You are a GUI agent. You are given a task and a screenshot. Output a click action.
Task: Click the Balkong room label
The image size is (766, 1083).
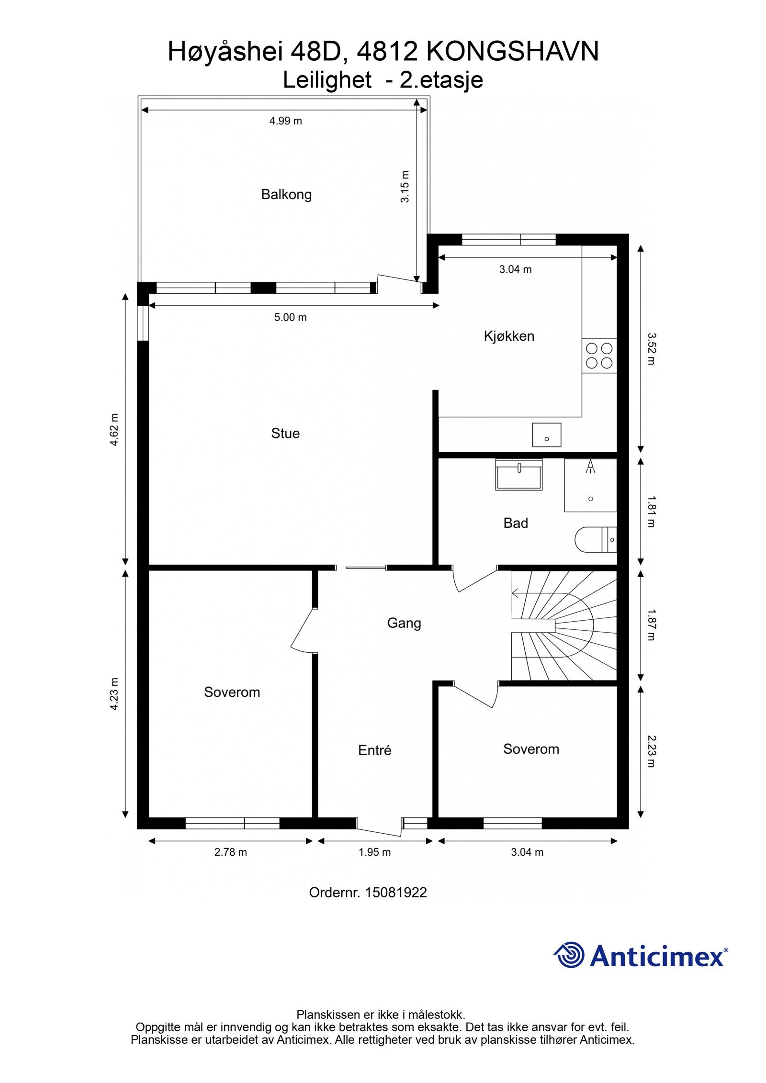click(x=286, y=195)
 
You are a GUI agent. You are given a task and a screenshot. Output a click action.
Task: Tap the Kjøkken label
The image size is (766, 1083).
click(x=509, y=336)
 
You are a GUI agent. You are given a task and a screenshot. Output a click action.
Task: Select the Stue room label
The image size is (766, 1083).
click(x=285, y=434)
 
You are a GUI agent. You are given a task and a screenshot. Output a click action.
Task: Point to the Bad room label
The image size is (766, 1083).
click(x=516, y=523)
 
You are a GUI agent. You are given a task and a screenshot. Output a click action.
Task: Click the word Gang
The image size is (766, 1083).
click(x=404, y=624)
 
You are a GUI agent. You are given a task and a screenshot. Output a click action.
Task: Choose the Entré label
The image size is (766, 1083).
click(x=375, y=750)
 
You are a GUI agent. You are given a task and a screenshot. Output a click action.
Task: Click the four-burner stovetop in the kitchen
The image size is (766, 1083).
click(x=599, y=356)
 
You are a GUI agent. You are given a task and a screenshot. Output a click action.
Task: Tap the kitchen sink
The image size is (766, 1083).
click(x=546, y=435)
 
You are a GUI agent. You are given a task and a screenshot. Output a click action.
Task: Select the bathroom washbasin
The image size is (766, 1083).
click(x=519, y=474)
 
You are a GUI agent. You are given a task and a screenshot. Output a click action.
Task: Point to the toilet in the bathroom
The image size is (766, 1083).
click(x=596, y=539)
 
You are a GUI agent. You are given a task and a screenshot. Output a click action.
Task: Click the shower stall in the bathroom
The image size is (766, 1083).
click(x=590, y=485)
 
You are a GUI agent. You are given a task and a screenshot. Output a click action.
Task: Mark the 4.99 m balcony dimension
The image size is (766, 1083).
click(x=286, y=121)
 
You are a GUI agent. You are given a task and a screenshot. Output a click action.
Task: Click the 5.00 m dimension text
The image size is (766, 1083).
click(x=291, y=317)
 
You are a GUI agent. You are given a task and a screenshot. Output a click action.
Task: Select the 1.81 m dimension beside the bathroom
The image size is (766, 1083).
click(x=651, y=512)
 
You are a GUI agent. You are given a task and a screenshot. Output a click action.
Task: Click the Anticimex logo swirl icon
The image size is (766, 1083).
click(x=569, y=955)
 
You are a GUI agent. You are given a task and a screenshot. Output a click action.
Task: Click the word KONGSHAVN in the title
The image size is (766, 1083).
click(x=512, y=52)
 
